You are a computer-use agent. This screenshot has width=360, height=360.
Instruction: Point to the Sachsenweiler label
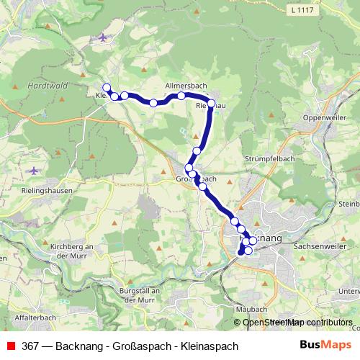[318, 246]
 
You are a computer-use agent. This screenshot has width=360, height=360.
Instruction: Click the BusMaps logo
[325, 346]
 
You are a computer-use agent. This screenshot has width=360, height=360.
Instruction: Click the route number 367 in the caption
[31, 346]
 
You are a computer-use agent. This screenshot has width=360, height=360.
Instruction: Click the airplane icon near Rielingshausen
[35, 171]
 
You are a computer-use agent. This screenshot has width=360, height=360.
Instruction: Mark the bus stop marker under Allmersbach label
[181, 96]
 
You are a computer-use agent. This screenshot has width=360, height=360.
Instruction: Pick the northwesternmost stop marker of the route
[107, 88]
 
